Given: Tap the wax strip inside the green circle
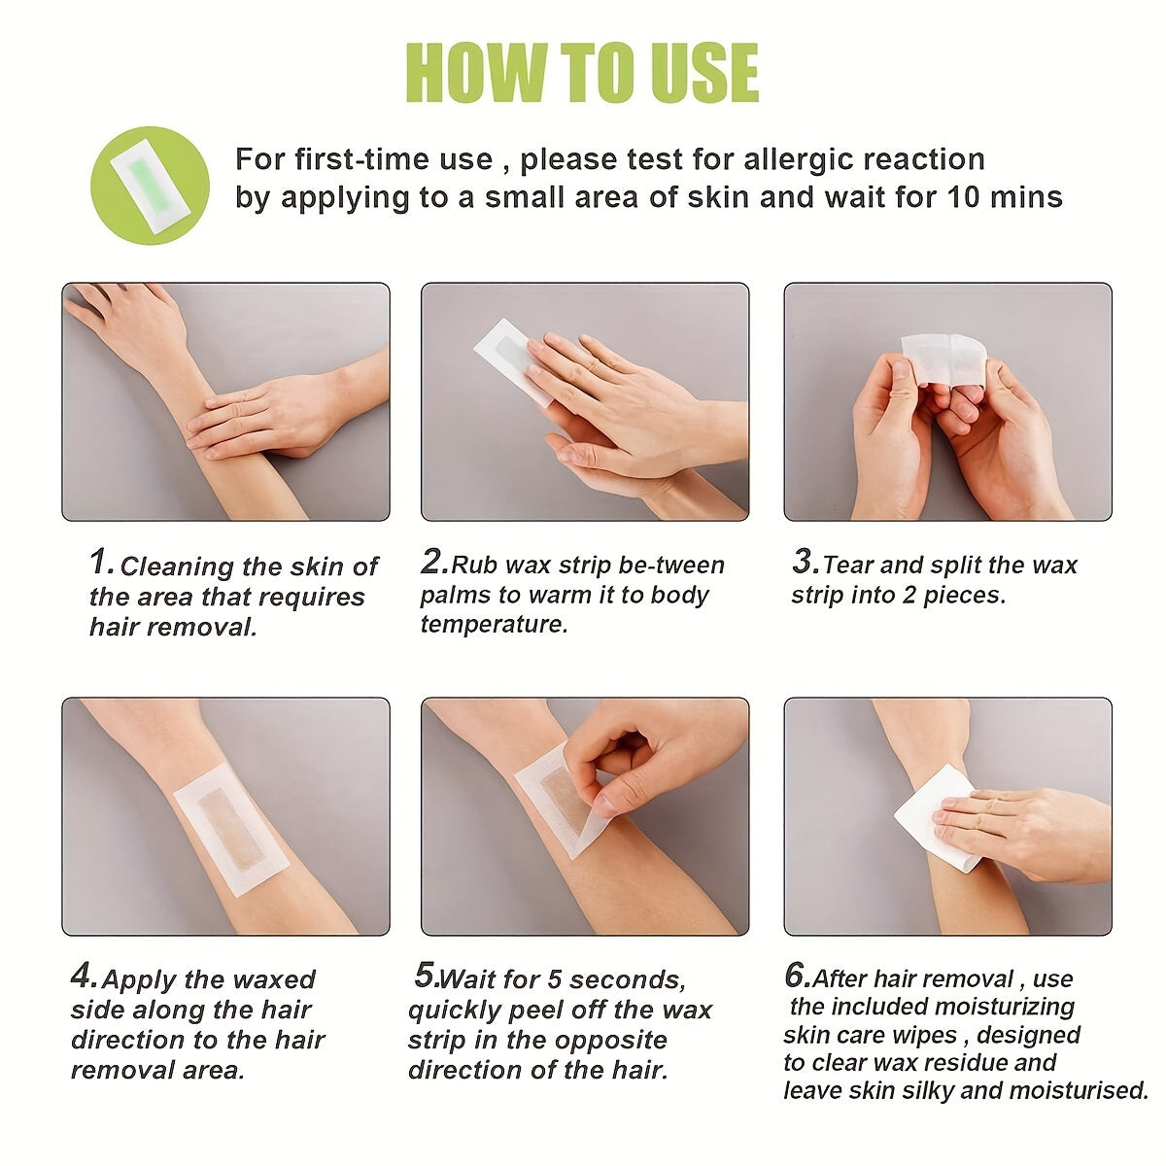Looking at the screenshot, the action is point(150,186).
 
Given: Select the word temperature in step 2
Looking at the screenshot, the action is point(495,625).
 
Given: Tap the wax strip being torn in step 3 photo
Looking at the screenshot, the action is point(945,359).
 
